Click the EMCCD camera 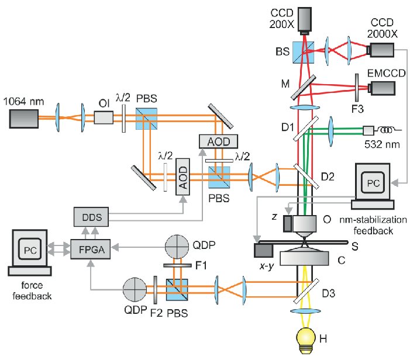[x=381, y=88]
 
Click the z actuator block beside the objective [x=289, y=223]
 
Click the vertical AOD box [x=184, y=176]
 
